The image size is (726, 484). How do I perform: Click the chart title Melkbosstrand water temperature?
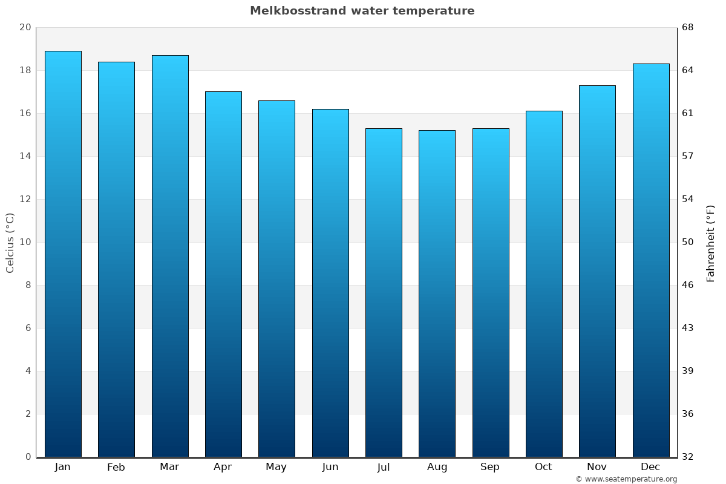click(362, 11)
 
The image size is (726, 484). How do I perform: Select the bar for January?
click(63, 254)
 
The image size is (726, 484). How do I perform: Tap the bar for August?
click(437, 293)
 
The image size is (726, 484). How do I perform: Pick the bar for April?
click(223, 274)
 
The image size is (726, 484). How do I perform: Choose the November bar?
click(597, 271)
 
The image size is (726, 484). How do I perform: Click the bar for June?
click(330, 283)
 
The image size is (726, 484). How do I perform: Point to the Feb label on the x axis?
click(116, 467)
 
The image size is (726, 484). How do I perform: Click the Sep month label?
click(490, 467)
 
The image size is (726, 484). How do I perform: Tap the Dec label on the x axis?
click(650, 467)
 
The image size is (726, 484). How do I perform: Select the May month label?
click(276, 467)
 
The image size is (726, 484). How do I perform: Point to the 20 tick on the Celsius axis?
click(25, 27)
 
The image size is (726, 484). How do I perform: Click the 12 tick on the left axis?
click(25, 199)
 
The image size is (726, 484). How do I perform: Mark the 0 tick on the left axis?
click(28, 457)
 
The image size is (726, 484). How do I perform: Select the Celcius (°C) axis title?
click(10, 243)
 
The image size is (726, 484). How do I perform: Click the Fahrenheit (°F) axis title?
click(710, 243)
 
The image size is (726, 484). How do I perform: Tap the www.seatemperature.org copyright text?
click(626, 479)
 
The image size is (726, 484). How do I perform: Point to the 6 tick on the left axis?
click(28, 328)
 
